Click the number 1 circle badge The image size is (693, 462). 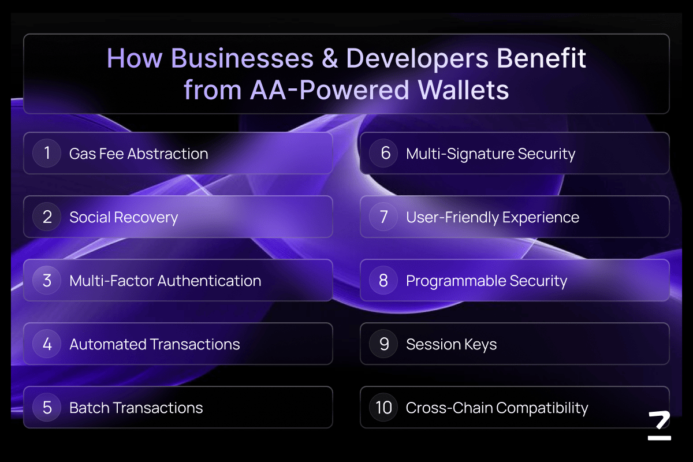click(47, 153)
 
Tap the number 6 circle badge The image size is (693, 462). click(383, 153)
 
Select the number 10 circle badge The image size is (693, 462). click(383, 407)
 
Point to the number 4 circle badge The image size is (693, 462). click(47, 344)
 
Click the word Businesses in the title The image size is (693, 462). click(242, 58)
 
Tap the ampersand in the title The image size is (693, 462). click(330, 58)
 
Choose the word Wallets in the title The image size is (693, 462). click(463, 90)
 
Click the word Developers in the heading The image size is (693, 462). click(417, 59)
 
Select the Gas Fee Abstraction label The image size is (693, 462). click(139, 154)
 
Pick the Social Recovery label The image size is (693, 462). click(124, 218)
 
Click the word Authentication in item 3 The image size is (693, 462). click(209, 281)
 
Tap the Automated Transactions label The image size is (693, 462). click(155, 344)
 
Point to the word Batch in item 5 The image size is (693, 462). click(89, 408)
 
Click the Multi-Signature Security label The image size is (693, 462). click(491, 154)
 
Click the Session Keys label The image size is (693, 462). click(452, 345)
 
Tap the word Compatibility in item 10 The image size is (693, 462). click(542, 408)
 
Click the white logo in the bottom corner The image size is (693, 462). click(660, 426)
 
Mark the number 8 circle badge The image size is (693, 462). click(383, 280)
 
